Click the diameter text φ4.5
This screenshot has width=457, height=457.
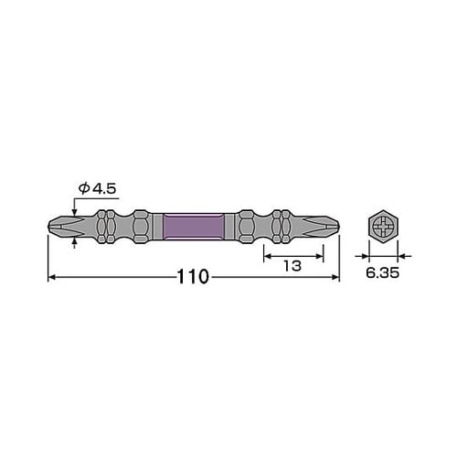(96, 189)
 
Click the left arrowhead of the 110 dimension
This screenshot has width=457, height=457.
(52, 277)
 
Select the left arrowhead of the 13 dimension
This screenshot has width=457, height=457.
(267, 257)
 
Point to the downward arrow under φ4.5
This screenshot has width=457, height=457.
(74, 209)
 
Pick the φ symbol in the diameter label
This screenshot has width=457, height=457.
(82, 189)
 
